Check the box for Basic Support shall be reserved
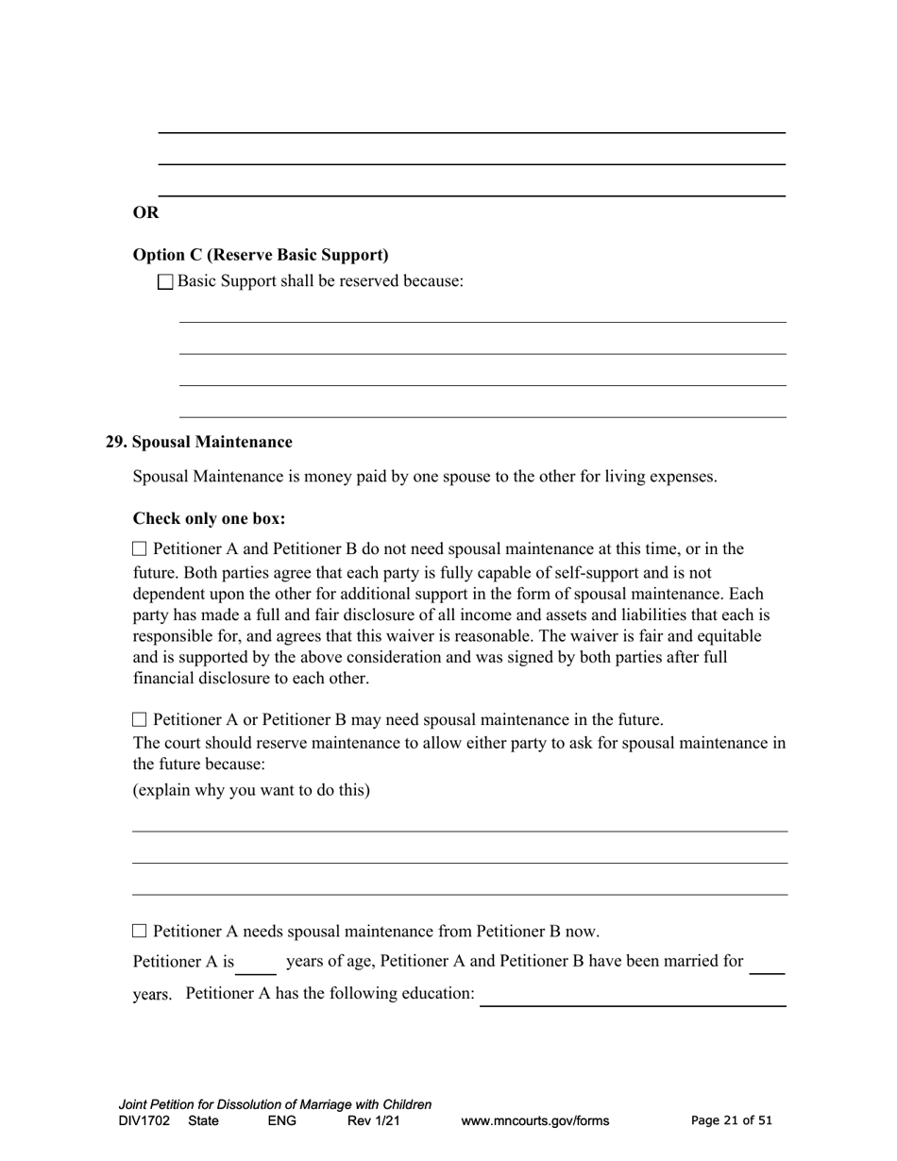coord(166,282)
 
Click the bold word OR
coord(146,212)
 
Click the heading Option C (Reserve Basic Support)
coord(261,255)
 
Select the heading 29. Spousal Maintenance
coord(199,442)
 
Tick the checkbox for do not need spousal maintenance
coord(140,548)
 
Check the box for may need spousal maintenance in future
coord(140,719)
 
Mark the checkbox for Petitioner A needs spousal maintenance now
coord(140,931)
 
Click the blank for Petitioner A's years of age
coord(256,964)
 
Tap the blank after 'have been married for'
coord(768,964)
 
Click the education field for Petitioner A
coord(633,996)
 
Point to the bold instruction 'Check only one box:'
coord(209,519)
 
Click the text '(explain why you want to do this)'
coord(251,789)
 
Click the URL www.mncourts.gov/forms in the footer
coord(534,1121)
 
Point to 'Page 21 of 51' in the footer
coord(732,1120)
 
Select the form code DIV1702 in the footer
coord(144,1121)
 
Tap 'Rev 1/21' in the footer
coord(374,1121)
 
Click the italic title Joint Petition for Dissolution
coord(275,1104)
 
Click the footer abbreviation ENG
coord(281,1121)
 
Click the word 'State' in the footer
coord(203,1121)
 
